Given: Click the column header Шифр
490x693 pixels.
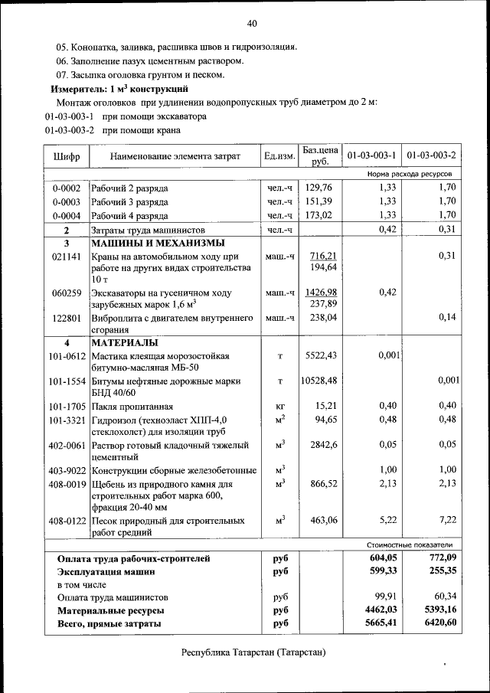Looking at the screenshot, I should [x=67, y=157].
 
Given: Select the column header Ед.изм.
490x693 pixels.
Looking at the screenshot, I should [x=279, y=157].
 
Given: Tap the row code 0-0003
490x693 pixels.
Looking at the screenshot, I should [x=67, y=201].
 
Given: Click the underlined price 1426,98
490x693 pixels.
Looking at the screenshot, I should [x=321, y=293].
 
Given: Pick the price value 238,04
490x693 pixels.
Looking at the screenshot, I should [x=321, y=318].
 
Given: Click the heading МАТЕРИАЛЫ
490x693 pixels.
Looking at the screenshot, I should [x=125, y=342].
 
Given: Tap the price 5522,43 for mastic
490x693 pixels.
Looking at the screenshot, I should [x=321, y=356].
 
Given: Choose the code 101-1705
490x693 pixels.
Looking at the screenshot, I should [x=67, y=407].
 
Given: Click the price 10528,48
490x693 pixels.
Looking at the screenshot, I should [x=321, y=381].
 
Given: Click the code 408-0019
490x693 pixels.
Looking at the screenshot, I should [x=67, y=484].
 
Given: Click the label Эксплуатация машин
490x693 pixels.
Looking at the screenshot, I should [x=106, y=571].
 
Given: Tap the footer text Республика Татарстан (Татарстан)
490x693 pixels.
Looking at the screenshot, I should [x=253, y=653].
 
